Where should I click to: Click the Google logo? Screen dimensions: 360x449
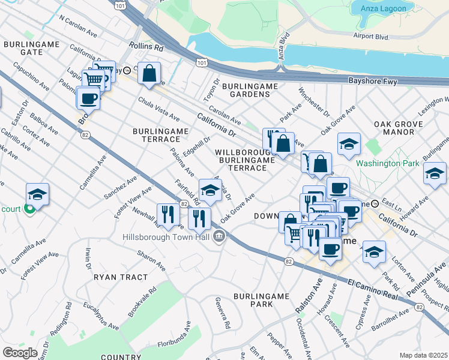[20, 352]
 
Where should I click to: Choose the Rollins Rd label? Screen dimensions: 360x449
[146, 46]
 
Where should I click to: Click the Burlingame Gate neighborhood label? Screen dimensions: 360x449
[23, 48]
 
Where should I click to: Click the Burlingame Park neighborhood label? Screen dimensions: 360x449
[261, 301]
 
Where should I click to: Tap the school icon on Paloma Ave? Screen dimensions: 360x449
[210, 190]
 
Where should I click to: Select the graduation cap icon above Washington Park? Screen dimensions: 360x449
[349, 144]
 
